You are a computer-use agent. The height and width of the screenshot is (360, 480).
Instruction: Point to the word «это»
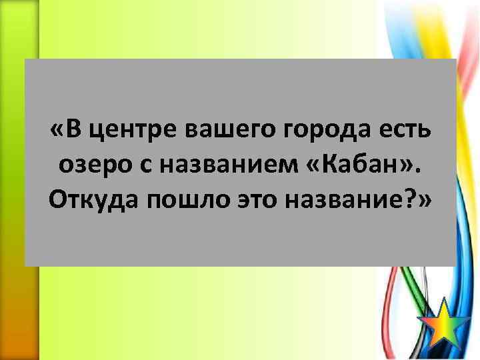(x=249, y=198)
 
